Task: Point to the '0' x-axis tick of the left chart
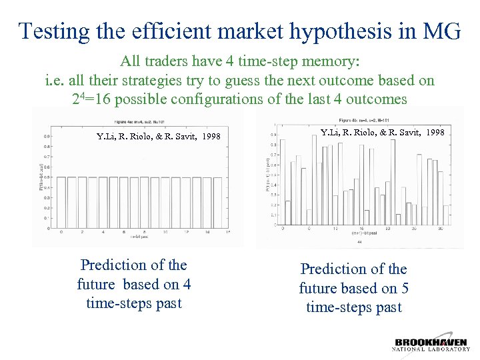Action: [61, 232]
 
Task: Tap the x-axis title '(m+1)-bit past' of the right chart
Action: [359, 234]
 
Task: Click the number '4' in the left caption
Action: [187, 284]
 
